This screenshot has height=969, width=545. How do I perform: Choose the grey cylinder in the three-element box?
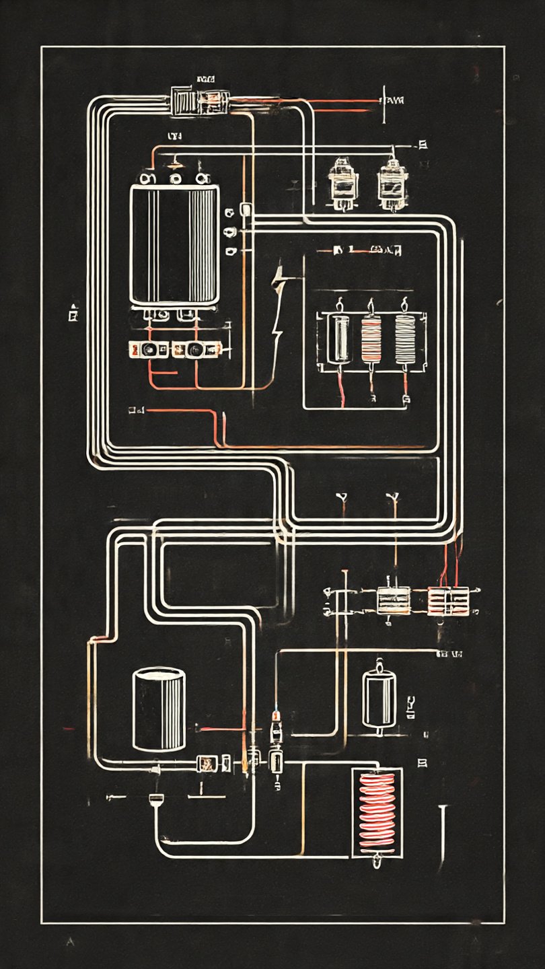click(x=338, y=338)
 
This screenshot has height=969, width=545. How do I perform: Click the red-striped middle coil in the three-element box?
click(x=371, y=339)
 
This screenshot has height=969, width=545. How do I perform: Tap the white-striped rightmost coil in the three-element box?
click(x=404, y=339)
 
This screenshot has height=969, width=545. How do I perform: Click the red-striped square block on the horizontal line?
click(x=449, y=600)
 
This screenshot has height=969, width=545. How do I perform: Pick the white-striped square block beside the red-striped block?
click(x=394, y=600)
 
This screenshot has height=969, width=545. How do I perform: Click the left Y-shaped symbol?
click(x=342, y=498)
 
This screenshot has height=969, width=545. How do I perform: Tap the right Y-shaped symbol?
click(x=392, y=498)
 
